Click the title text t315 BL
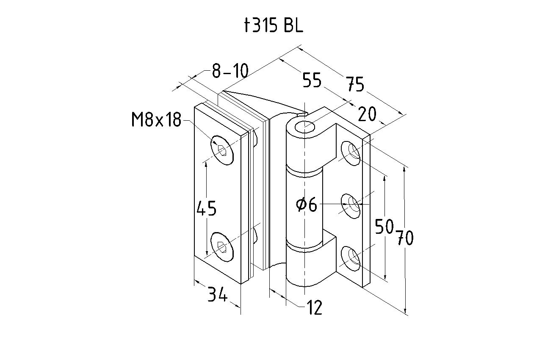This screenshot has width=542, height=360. tap(274, 26)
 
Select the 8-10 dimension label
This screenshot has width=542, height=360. tap(230, 71)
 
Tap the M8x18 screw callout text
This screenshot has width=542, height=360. tap(156, 121)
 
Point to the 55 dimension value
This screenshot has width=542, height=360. tap(312, 80)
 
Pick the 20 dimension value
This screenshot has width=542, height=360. tap(367, 114)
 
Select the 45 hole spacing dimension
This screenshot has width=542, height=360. tap(207, 208)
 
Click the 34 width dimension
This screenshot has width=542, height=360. tap(217, 295)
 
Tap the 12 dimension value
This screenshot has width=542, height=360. tap(314, 308)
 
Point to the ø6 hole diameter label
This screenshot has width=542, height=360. tap(307, 205)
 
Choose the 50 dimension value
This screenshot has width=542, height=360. tap(384, 227)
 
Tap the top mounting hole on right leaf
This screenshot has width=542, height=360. tap(351, 152)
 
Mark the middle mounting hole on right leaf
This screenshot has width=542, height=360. tap(351, 205)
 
